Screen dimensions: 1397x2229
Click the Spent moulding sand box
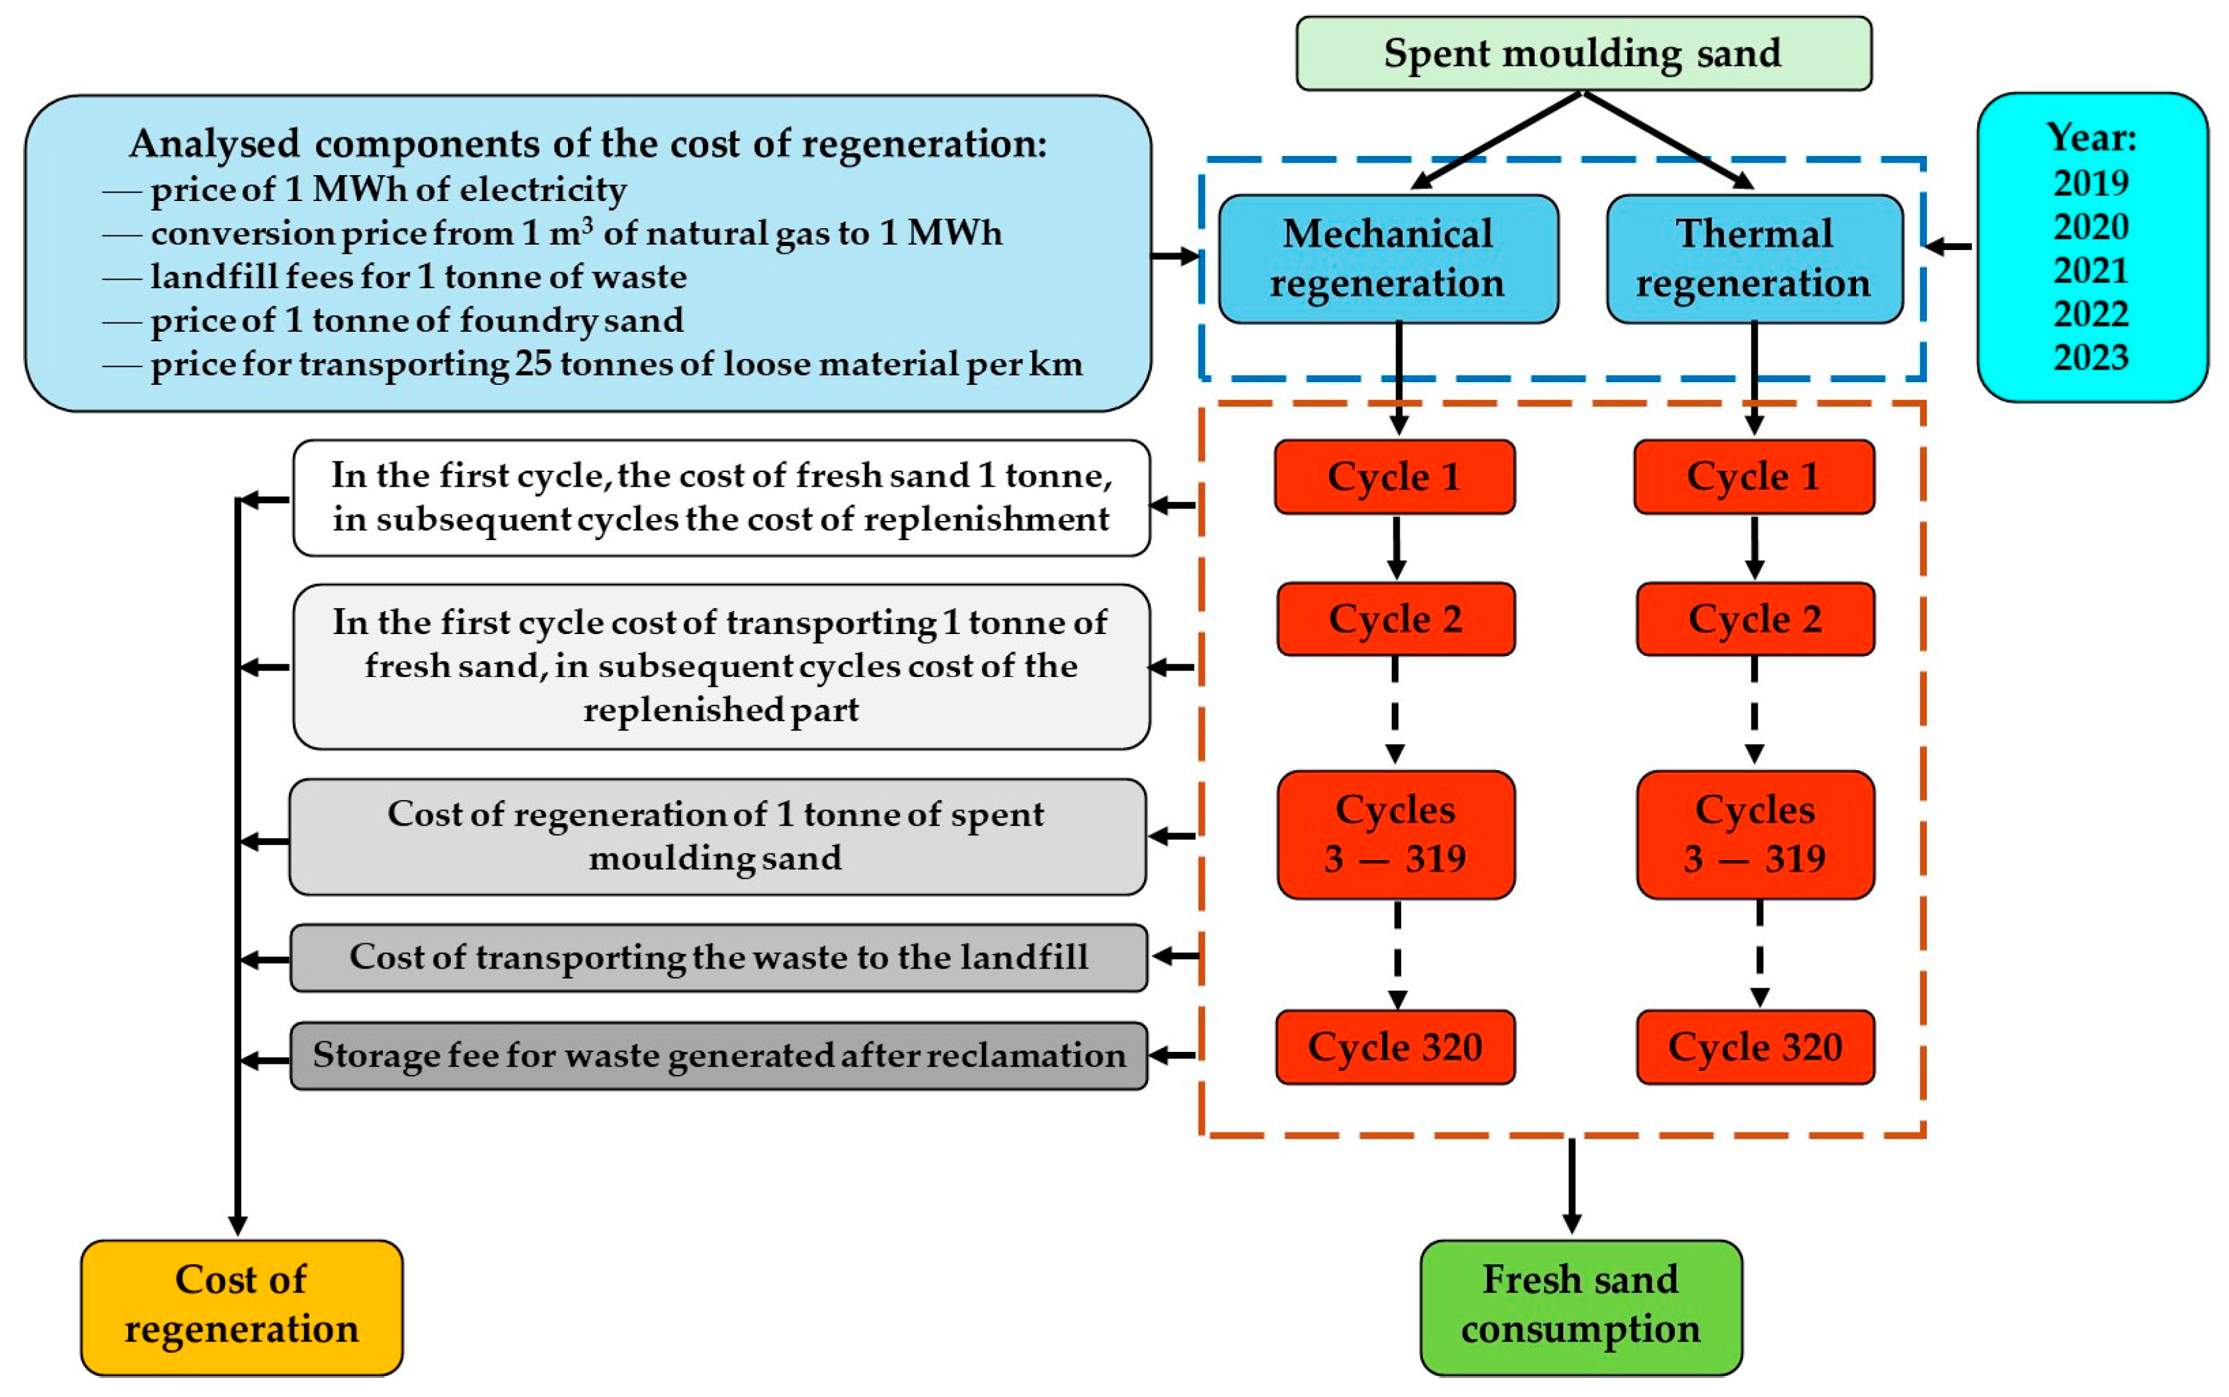point(1582,54)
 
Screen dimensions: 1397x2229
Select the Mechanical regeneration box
point(1387,259)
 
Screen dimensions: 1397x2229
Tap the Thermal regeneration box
point(1753,259)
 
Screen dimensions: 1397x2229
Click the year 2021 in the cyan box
point(2090,270)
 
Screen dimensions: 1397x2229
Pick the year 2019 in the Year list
point(2090,183)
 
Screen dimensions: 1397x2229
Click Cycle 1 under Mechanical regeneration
point(1394,477)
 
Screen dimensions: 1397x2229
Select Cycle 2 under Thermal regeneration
point(1754,619)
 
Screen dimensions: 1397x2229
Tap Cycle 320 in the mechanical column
point(1395,1047)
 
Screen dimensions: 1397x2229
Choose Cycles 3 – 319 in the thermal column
point(1754,834)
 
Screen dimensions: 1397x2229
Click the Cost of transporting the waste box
point(718,957)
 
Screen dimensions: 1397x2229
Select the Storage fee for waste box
point(718,1055)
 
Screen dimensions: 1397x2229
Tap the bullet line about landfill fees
point(418,276)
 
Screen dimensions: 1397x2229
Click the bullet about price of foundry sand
point(416,320)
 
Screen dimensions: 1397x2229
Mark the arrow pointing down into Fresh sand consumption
point(1571,1187)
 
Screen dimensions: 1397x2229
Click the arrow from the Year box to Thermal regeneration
point(1948,247)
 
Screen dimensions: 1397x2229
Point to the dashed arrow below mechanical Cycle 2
point(1395,711)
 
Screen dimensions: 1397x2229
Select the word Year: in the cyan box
point(2090,138)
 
